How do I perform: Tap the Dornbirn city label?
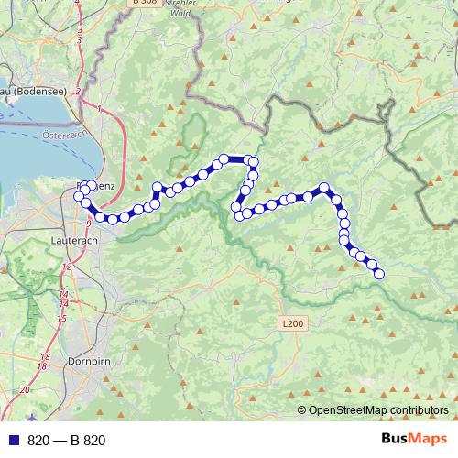pyautogui.click(x=90, y=361)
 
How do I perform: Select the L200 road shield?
pyautogui.click(x=292, y=323)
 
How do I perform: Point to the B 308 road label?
pyautogui.click(x=144, y=3)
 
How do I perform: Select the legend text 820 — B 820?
pyautogui.click(x=66, y=441)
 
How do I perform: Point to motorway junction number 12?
pyautogui.click(x=66, y=266)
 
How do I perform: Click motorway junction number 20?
pyautogui.click(x=25, y=389)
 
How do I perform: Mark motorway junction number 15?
pyautogui.click(x=61, y=318)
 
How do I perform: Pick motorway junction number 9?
pyautogui.click(x=88, y=223)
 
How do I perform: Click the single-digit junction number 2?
pyautogui.click(x=79, y=92)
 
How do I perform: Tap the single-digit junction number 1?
pyautogui.click(x=97, y=109)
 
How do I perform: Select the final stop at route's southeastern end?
pyautogui.click(x=379, y=273)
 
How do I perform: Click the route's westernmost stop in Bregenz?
pyautogui.click(x=83, y=190)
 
